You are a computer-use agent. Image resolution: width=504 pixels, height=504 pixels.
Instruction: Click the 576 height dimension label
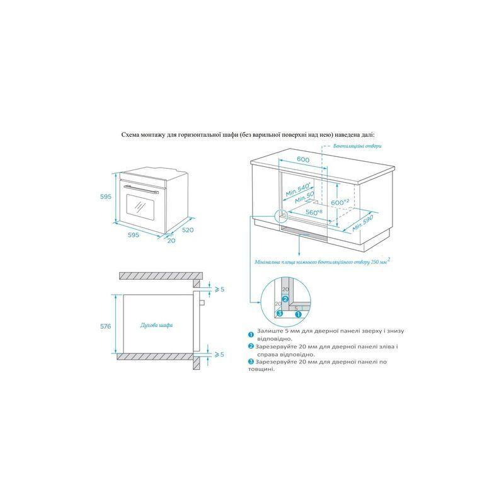tap(105, 326)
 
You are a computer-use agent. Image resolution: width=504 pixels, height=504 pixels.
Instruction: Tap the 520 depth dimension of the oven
tap(188, 230)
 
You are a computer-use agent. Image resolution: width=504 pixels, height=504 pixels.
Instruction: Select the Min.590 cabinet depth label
tap(363, 223)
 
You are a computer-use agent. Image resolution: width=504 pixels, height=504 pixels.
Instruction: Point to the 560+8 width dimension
tap(314, 212)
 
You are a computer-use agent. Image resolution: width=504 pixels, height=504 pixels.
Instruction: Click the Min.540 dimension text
tap(299, 190)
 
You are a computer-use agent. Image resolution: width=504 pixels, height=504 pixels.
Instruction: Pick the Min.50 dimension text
tap(304, 197)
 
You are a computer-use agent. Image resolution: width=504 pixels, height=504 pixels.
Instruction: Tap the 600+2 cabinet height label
tap(340, 202)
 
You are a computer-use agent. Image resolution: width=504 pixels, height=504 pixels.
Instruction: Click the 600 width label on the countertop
tap(303, 159)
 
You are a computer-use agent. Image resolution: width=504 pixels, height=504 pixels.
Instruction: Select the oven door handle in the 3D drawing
tap(141, 189)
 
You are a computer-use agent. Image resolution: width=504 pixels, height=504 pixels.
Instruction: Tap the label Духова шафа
tap(156, 325)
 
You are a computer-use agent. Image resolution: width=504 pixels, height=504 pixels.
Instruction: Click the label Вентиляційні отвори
tap(357, 146)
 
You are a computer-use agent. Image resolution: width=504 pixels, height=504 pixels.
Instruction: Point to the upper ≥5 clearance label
tap(219, 289)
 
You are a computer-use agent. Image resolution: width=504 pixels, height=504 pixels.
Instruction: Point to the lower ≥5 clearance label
tap(219, 354)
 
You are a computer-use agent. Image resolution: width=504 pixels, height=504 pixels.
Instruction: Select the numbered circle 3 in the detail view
tap(279, 313)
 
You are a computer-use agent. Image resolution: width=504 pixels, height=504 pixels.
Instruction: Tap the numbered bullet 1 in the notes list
tap(251, 335)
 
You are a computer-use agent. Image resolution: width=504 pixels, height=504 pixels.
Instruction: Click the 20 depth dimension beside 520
tap(171, 240)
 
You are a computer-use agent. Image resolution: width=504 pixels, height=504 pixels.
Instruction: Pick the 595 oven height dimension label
tap(105, 197)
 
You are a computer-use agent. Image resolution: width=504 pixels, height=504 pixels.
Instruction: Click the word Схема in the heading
tap(130, 135)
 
